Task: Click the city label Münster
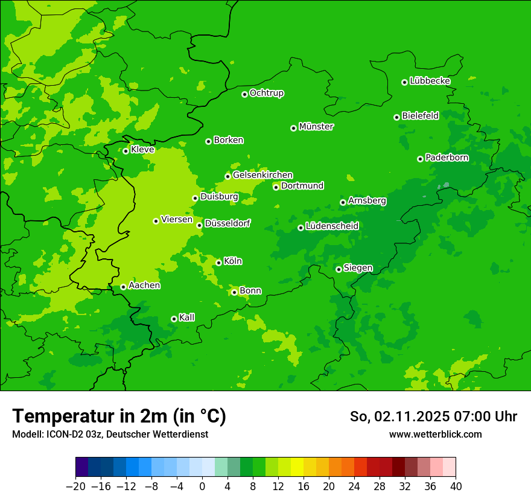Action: [x=316, y=127]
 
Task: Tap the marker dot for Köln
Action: [x=218, y=263]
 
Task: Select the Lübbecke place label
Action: [x=430, y=81]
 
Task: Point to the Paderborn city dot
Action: [x=420, y=159]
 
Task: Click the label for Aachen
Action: [x=144, y=286]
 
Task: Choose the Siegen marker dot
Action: [x=339, y=269]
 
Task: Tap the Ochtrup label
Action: [x=267, y=93]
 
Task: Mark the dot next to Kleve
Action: [x=126, y=151]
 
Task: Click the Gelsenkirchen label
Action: [x=262, y=175]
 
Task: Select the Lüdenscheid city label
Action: [x=332, y=226]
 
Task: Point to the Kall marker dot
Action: [x=174, y=319]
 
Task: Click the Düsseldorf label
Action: [x=227, y=224]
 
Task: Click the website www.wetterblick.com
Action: [x=435, y=435]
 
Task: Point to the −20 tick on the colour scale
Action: [x=76, y=486]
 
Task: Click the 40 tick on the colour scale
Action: [x=456, y=486]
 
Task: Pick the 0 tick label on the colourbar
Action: [x=202, y=486]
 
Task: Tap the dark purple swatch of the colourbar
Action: [x=82, y=467]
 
